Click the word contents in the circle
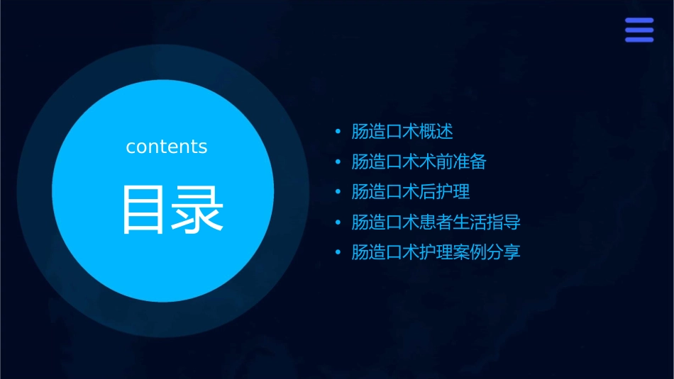click(x=167, y=147)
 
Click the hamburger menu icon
click(x=639, y=30)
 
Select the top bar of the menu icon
click(x=639, y=21)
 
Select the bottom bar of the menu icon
click(x=639, y=40)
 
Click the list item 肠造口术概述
click(x=402, y=132)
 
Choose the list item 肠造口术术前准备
click(x=419, y=162)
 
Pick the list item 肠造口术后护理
click(x=410, y=192)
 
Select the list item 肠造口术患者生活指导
click(x=436, y=222)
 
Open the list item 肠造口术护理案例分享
click(x=436, y=252)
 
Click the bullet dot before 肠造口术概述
click(x=338, y=132)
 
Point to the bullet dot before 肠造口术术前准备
click(x=338, y=162)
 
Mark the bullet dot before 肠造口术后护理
click(x=338, y=192)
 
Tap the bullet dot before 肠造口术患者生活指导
click(x=338, y=222)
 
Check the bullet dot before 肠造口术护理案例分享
click(x=338, y=252)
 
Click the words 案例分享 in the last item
click(x=487, y=252)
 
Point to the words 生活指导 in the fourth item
click(x=487, y=222)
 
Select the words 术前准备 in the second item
click(x=453, y=162)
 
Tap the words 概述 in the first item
click(x=436, y=132)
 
